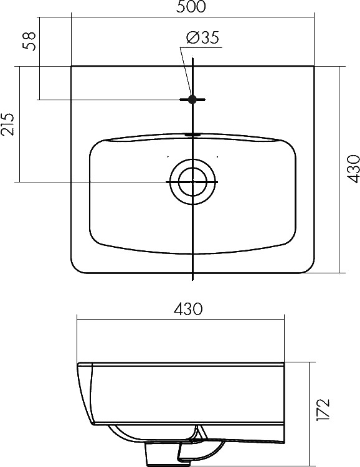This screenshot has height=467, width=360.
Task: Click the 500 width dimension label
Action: click(191, 7)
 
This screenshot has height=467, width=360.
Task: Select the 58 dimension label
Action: click(29, 41)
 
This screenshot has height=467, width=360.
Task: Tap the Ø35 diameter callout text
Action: click(202, 37)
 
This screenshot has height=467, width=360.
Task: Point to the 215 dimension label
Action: click(7, 124)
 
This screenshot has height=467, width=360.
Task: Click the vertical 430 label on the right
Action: click(353, 169)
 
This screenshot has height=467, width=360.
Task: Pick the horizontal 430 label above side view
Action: click(188, 309)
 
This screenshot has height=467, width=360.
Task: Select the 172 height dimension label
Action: click(323, 410)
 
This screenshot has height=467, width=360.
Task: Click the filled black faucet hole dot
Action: click(192, 100)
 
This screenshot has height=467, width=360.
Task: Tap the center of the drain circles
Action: click(192, 182)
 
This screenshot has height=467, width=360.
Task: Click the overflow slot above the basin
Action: click(193, 134)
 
